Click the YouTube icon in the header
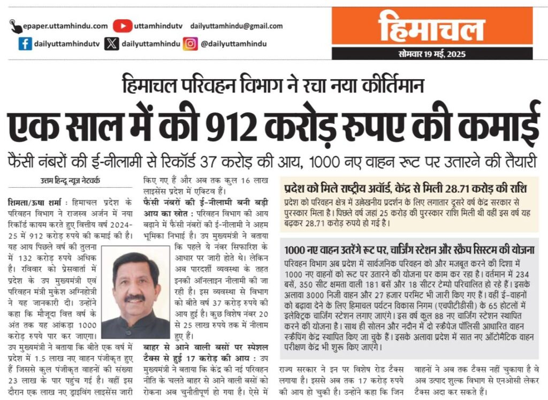tap(123, 26)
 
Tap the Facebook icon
tap(25, 44)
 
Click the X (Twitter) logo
tap(111, 44)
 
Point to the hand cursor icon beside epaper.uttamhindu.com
tap(17, 26)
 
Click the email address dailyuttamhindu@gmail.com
tap(236, 26)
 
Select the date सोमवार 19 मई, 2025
tap(432, 54)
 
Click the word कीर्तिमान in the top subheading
tap(394, 86)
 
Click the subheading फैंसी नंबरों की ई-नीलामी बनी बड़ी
tap(206, 202)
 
